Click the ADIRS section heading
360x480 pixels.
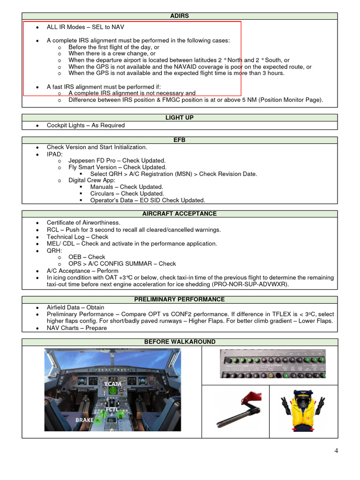[x=180, y=16]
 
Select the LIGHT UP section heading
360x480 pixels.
[x=180, y=118]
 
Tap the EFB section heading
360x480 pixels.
[x=180, y=140]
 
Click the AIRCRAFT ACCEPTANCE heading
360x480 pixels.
[x=180, y=214]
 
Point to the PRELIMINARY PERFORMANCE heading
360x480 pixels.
[x=180, y=299]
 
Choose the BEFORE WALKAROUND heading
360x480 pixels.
[x=180, y=342]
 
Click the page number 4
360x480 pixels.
[x=336, y=451]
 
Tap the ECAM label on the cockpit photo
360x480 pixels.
[x=113, y=384]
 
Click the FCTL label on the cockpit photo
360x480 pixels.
[x=112, y=409]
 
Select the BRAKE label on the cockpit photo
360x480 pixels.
[x=84, y=420]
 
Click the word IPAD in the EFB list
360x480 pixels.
[x=54, y=154]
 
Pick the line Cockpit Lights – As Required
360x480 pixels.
[x=86, y=125]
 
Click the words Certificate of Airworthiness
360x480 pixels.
[x=83, y=223]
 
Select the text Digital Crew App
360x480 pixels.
[x=92, y=180]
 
